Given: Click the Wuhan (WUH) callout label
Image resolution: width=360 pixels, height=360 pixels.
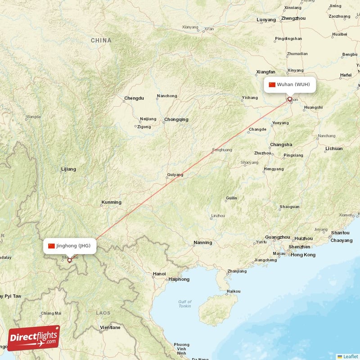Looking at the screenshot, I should point(289,85).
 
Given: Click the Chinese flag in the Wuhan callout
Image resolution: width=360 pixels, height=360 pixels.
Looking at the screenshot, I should point(272,85).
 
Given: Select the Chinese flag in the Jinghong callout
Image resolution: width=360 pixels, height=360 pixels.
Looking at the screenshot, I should point(51,246).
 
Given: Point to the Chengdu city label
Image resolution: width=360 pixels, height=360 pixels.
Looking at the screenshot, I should point(134,98).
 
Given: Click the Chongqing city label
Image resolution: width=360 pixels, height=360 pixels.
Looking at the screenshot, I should point(176,120).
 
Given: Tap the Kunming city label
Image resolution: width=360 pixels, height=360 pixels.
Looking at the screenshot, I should point(112,202).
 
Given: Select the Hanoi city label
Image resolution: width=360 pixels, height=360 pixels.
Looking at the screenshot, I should point(159,274).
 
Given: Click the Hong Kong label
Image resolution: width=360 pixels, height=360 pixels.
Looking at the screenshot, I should point(303,255).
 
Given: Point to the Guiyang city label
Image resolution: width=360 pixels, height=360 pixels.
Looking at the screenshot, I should point(175,175).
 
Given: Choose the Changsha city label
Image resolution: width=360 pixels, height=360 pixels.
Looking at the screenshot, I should point(281,145).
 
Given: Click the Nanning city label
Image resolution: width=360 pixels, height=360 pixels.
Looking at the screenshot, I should point(202,243).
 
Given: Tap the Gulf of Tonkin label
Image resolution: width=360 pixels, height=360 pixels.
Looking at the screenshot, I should point(184,304).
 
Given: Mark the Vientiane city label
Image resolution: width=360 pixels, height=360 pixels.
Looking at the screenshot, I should point(110,328).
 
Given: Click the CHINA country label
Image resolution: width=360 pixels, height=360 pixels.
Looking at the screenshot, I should point(101,40).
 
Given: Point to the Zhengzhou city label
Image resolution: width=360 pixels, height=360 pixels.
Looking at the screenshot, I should point(293,18).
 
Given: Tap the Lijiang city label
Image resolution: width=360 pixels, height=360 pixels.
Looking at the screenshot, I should point(68,170).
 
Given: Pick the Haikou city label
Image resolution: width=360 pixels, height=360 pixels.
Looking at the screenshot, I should point(233,292).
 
